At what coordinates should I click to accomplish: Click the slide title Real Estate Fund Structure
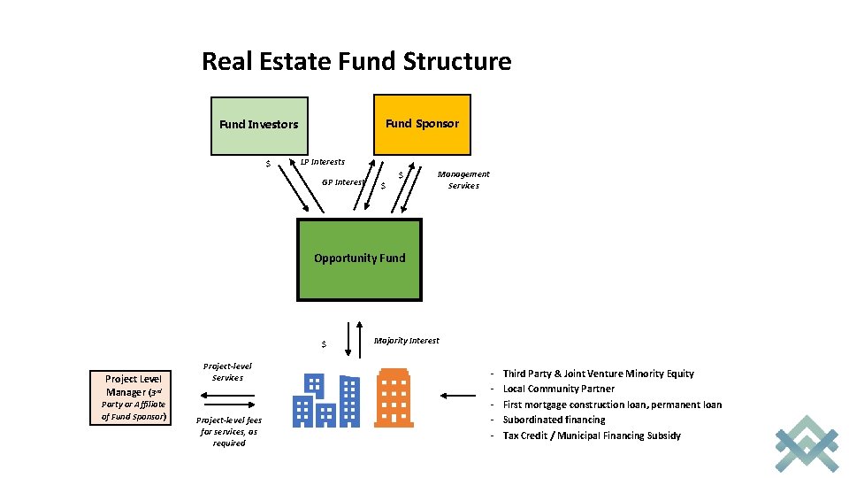(356, 62)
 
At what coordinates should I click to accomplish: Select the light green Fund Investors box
(259, 125)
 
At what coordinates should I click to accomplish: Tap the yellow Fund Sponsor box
(422, 123)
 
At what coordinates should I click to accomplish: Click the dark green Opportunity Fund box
(359, 258)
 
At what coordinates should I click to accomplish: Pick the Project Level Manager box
(134, 397)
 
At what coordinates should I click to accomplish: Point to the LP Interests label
(323, 162)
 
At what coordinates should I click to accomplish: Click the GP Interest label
(343, 182)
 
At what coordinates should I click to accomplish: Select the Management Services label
(463, 180)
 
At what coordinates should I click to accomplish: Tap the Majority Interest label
(407, 341)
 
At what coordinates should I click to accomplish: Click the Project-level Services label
(227, 372)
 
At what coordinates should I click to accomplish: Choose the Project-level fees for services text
(228, 431)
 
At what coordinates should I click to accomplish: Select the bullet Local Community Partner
(558, 389)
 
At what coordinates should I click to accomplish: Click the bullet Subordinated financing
(554, 420)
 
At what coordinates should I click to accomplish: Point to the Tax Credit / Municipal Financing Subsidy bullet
(592, 436)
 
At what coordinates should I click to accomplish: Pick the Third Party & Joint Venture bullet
(598, 374)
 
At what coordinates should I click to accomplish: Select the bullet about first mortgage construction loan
(612, 405)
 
